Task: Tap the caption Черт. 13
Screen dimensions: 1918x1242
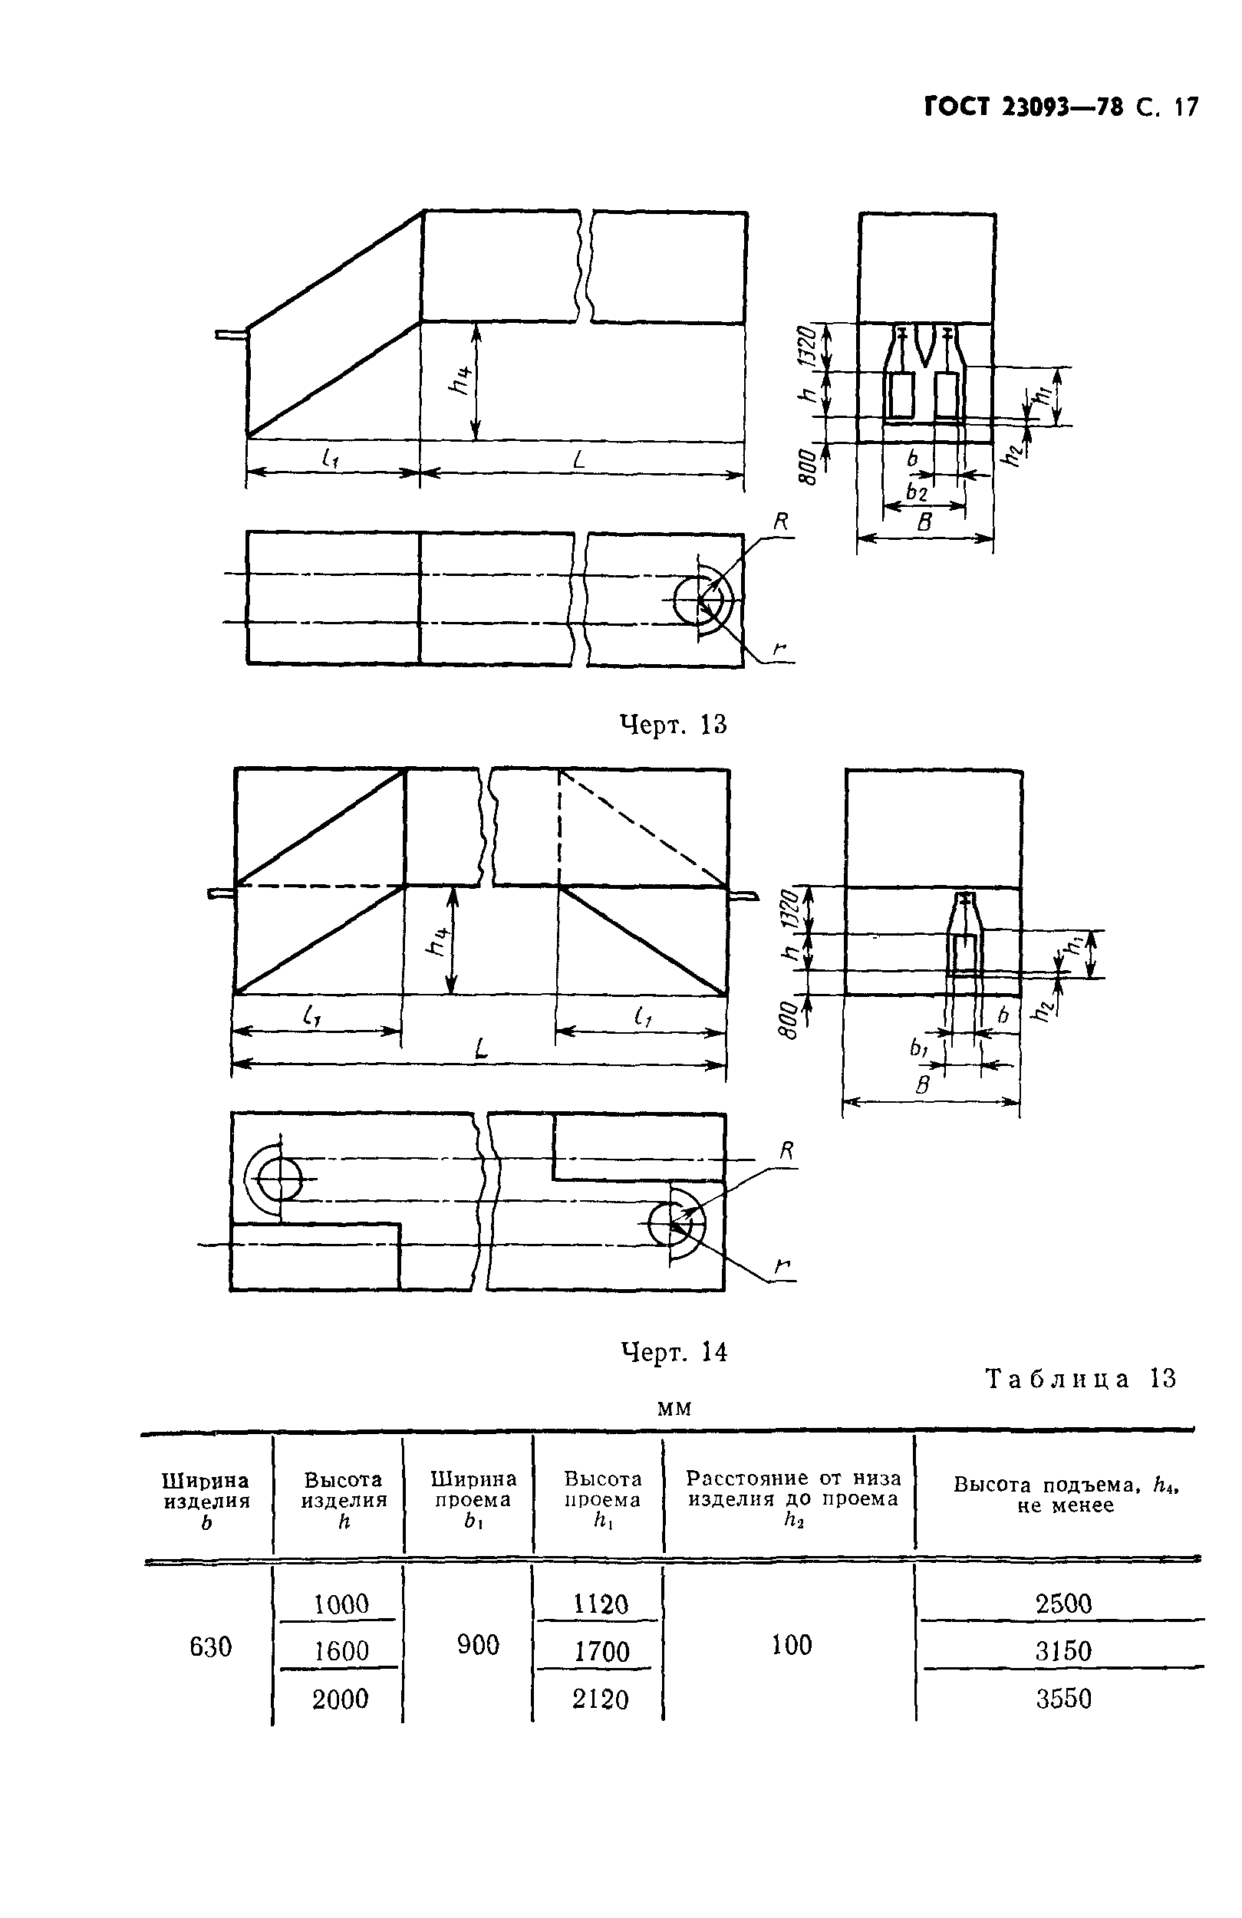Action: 673,725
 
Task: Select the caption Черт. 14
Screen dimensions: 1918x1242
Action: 673,1351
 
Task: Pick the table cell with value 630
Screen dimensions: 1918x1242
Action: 210,1647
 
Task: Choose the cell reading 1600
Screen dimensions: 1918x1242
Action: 341,1651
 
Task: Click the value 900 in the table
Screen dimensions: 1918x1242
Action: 478,1645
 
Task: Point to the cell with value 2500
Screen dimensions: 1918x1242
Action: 1063,1604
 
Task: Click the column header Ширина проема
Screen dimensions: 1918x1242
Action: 473,1500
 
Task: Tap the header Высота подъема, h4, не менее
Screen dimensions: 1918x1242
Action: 1066,1495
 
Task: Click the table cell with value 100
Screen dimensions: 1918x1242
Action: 792,1645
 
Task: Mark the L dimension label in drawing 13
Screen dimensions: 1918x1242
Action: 578,459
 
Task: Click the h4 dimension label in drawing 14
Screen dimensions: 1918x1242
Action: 437,939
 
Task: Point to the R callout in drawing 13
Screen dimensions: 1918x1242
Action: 780,522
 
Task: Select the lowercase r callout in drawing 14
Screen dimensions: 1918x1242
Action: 780,1268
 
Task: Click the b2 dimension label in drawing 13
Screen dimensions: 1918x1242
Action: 917,492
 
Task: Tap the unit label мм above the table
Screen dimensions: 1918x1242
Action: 674,1408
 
